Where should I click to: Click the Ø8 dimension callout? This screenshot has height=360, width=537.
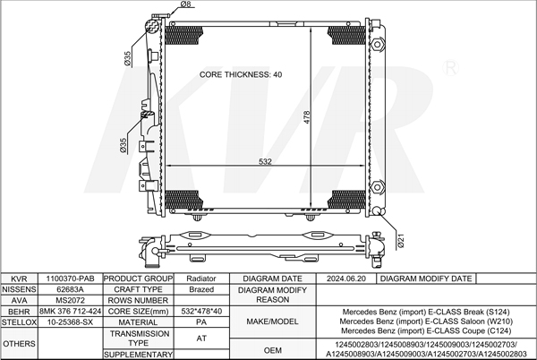(185, 4)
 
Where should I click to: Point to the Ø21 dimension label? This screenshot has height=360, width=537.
(401, 241)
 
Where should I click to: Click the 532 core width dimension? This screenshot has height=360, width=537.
(265, 161)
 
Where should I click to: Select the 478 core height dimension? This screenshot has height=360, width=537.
(306, 117)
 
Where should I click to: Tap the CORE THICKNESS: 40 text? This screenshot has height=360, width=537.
(241, 74)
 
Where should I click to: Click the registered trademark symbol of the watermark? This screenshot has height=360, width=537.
(450, 68)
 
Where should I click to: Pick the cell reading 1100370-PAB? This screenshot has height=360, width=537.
(70, 279)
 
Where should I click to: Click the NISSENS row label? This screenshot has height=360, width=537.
(19, 289)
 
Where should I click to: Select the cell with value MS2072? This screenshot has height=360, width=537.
(70, 300)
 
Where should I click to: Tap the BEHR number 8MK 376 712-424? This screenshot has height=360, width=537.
(70, 312)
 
